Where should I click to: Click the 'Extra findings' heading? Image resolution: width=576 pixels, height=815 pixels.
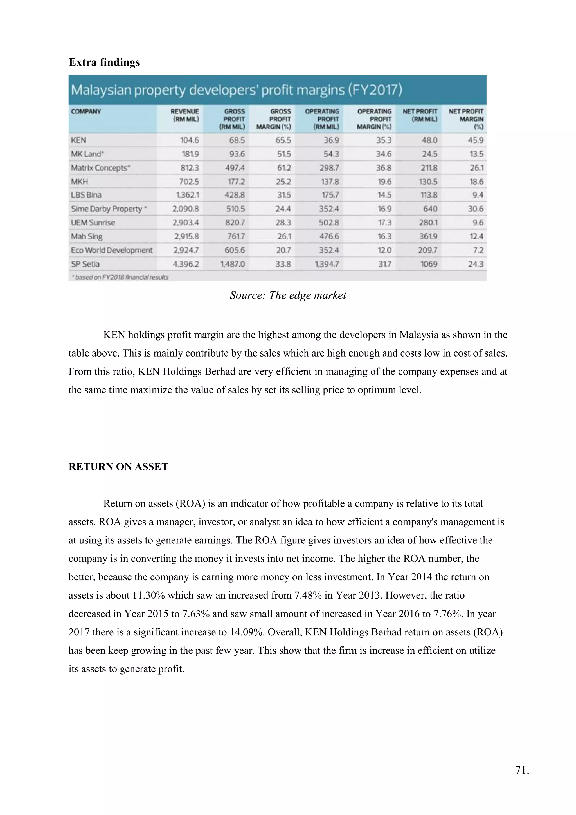pyautogui.click(x=104, y=62)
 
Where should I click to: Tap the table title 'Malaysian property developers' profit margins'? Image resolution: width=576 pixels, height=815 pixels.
pyautogui.click(x=236, y=90)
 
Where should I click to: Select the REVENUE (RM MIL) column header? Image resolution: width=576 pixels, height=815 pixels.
pyautogui.click(x=185, y=115)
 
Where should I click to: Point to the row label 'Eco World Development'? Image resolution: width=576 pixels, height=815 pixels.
pyautogui.click(x=111, y=250)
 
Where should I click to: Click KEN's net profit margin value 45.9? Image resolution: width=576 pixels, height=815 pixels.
pyautogui.click(x=475, y=140)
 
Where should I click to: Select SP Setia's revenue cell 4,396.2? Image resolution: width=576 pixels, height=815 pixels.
pyautogui.click(x=186, y=264)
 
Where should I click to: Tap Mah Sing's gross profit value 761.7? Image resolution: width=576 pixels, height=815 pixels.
pyautogui.click(x=235, y=236)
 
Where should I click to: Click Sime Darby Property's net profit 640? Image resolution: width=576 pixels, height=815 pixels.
pyautogui.click(x=430, y=209)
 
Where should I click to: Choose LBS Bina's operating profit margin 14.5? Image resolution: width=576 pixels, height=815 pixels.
pyautogui.click(x=384, y=195)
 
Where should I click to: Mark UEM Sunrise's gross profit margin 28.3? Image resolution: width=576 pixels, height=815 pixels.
pyautogui.click(x=283, y=223)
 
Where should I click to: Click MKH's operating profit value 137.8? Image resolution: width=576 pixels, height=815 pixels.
pyautogui.click(x=330, y=182)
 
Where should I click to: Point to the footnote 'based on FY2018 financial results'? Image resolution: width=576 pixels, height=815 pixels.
pyautogui.click(x=121, y=277)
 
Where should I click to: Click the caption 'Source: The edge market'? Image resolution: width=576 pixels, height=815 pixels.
pyautogui.click(x=288, y=295)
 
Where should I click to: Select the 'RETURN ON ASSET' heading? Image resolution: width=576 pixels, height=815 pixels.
pyautogui.click(x=118, y=467)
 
